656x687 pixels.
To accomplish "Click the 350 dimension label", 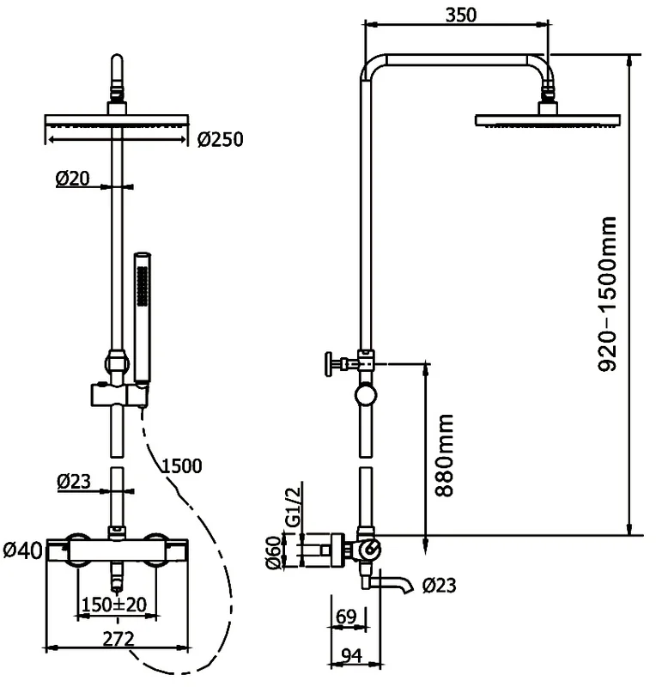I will click(x=461, y=15).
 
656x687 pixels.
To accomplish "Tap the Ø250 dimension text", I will click(x=220, y=139).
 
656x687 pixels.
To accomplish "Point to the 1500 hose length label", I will click(x=181, y=466).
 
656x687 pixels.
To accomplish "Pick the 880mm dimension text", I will click(x=444, y=455).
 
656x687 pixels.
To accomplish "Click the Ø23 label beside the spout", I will click(x=440, y=587).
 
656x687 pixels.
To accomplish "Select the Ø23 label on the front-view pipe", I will click(x=75, y=483).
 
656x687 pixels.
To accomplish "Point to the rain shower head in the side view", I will click(x=545, y=119).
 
